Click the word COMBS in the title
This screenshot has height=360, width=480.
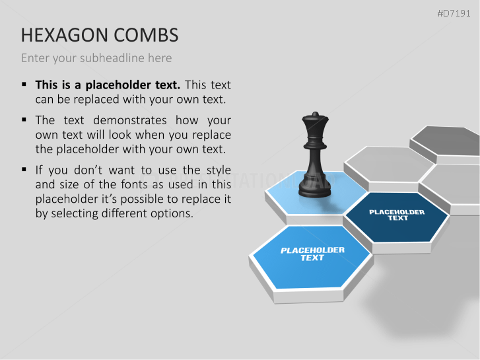(x=146, y=34)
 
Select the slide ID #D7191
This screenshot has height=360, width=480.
(x=454, y=13)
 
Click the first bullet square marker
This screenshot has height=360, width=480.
(x=24, y=84)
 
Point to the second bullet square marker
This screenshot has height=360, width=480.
(x=24, y=119)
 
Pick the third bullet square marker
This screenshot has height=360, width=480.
(x=24, y=169)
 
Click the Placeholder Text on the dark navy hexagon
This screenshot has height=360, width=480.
(x=397, y=215)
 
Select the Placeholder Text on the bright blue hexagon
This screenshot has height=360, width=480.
(x=312, y=254)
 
